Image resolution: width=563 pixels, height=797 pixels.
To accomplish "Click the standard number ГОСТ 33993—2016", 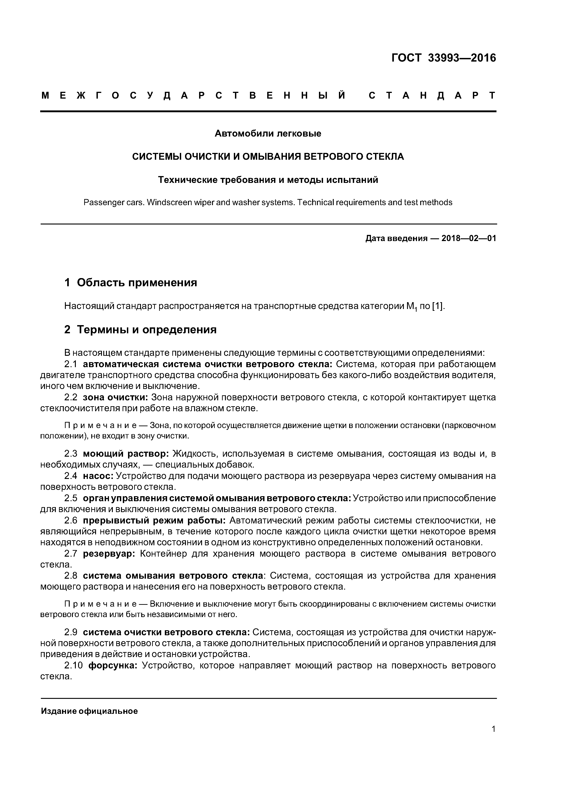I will pos(443,58).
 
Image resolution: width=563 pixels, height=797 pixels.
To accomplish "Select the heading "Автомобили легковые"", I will pos(268,133).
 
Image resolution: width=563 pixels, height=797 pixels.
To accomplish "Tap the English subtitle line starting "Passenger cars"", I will pos(268,202).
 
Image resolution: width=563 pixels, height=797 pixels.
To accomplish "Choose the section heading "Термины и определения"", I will pos(146,329).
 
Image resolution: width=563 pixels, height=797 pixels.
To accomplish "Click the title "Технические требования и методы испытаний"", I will pos(268,180).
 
